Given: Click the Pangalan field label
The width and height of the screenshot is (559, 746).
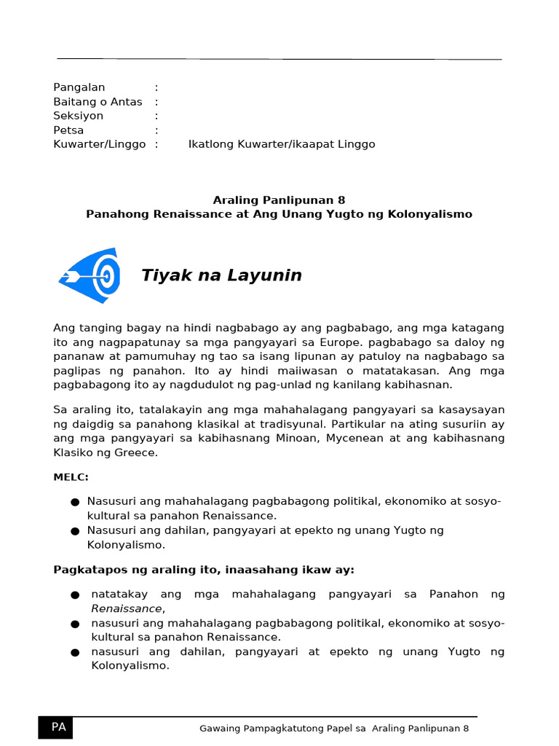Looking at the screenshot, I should pos(79,87).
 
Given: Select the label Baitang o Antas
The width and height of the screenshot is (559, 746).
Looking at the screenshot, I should pos(98,102).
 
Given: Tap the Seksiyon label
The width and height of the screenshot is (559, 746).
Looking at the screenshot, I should pos(79,116).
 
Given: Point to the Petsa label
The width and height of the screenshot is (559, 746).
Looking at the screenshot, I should pos(68,130).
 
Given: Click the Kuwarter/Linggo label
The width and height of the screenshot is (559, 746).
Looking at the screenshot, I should pos(100,144).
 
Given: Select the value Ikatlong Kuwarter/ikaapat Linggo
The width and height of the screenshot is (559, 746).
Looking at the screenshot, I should pos(282,144).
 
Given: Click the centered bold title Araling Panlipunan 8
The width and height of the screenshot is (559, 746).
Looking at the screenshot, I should pos(279,200).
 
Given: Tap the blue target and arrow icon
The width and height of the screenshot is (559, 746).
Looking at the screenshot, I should pos(90,275).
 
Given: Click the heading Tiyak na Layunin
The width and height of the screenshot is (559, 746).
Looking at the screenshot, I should pos(221,275).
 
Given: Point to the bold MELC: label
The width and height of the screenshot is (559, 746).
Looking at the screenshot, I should pos(71,476).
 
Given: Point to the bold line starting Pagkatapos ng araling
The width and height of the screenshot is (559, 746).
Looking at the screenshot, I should pos(204,569).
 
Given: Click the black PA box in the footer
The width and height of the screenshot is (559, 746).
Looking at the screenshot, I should pos(55,727).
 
